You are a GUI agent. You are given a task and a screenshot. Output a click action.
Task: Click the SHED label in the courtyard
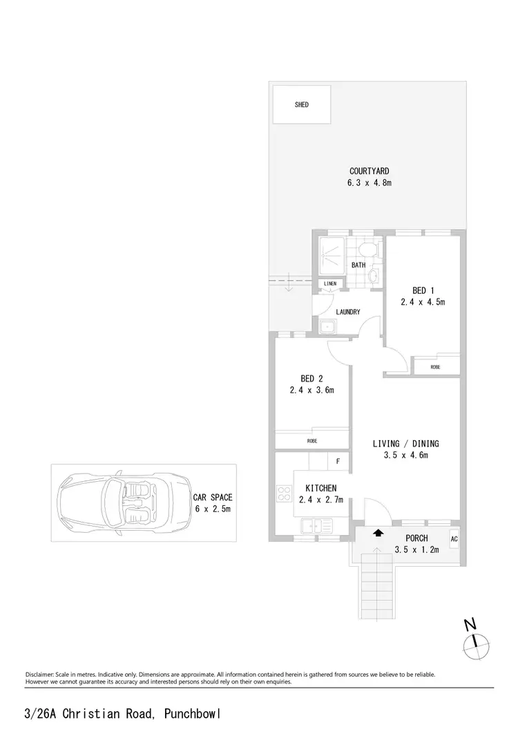point(301,105)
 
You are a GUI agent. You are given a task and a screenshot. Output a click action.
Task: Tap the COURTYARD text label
point(370,171)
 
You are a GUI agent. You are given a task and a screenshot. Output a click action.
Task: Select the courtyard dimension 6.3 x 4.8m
point(370,183)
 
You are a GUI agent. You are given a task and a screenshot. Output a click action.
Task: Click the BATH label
point(358,265)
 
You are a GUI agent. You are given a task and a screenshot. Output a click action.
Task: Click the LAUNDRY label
point(348,312)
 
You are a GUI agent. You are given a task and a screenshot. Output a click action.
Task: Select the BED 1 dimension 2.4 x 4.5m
point(423,302)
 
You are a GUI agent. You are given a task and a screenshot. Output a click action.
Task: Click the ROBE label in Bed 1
point(435,367)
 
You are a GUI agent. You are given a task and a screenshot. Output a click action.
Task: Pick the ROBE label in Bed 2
point(311,440)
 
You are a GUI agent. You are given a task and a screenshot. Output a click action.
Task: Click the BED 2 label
point(311,378)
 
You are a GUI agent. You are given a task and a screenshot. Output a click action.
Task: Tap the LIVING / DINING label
point(406,444)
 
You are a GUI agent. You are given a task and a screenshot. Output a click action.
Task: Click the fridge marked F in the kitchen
point(338,461)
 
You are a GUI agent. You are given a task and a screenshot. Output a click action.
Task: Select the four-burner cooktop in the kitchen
point(283,494)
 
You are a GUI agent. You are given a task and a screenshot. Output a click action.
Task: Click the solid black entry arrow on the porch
point(377,533)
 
